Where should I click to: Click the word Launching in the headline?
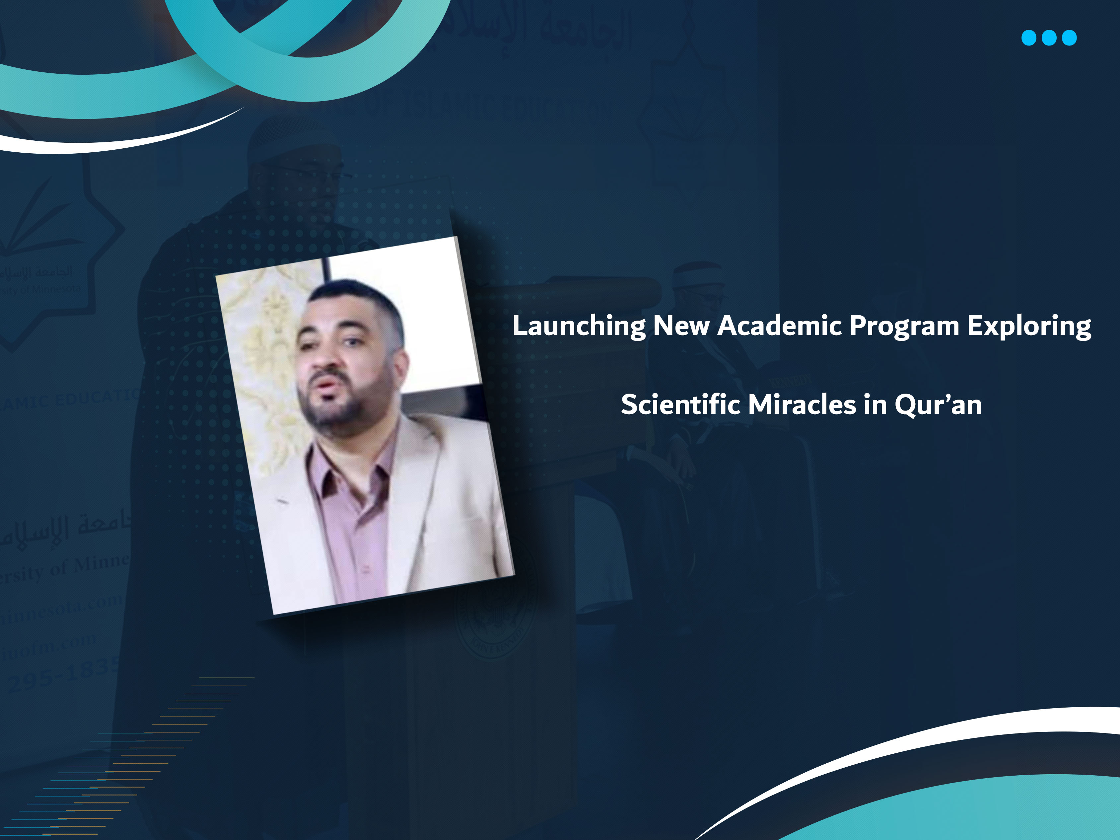point(579,326)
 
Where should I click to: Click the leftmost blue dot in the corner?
point(1028,38)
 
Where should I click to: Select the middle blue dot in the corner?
point(1049,38)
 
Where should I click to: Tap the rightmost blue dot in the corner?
point(1069,38)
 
